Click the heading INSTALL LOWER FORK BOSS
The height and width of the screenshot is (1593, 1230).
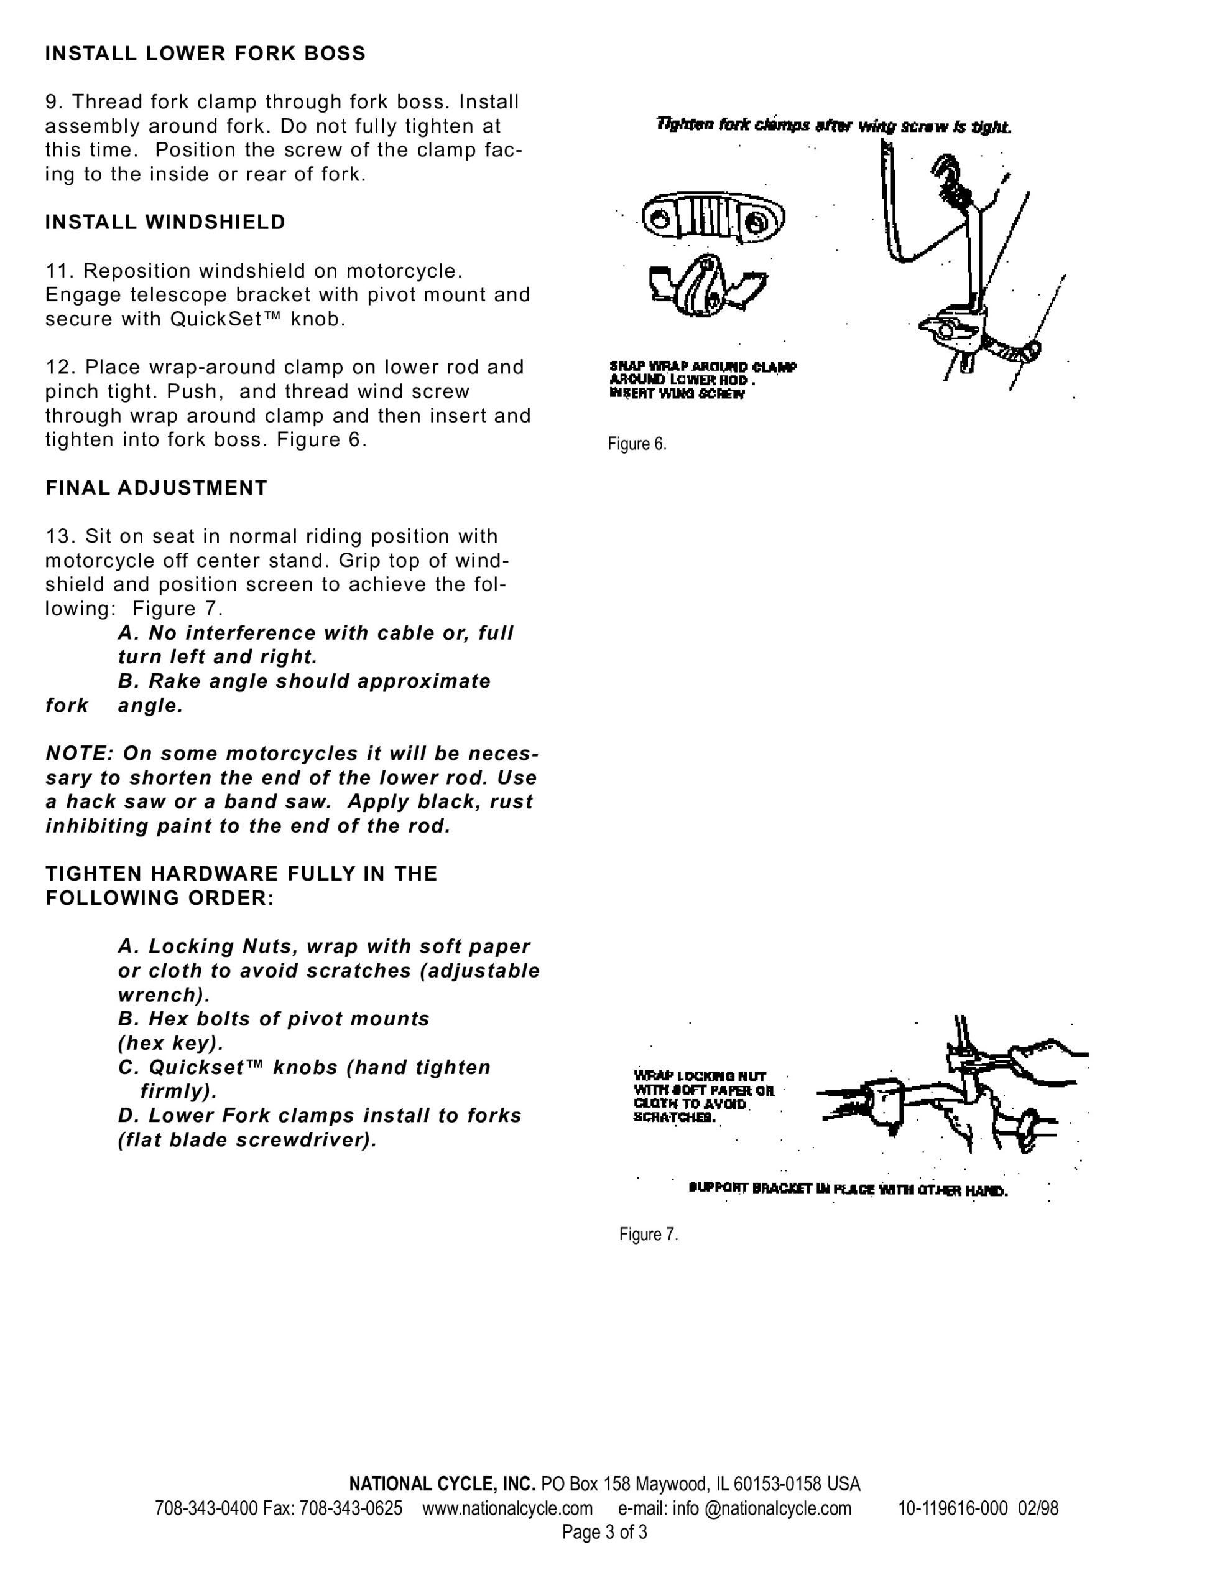coord(205,54)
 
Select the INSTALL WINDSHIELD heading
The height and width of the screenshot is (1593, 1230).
coord(165,223)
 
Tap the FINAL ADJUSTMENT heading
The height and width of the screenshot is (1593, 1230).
coord(157,488)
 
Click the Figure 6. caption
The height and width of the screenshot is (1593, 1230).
coord(637,444)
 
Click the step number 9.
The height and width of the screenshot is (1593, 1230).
coord(55,102)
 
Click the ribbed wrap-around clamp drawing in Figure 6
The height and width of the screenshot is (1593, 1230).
coord(713,217)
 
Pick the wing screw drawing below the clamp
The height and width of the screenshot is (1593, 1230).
coord(706,284)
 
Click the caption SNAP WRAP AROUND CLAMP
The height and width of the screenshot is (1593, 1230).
coord(703,367)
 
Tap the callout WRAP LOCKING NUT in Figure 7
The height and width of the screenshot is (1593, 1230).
coord(700,1077)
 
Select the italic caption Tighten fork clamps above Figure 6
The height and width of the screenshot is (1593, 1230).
coord(833,126)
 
